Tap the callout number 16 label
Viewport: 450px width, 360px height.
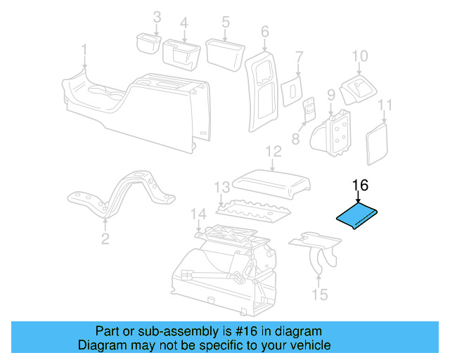click(x=360, y=186)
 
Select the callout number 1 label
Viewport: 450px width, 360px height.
click(x=84, y=50)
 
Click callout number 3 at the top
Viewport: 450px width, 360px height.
click(x=157, y=17)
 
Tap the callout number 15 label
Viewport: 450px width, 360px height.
click(x=320, y=295)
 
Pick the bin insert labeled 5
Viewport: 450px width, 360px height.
click(x=223, y=52)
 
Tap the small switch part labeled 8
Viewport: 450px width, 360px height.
click(x=309, y=110)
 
